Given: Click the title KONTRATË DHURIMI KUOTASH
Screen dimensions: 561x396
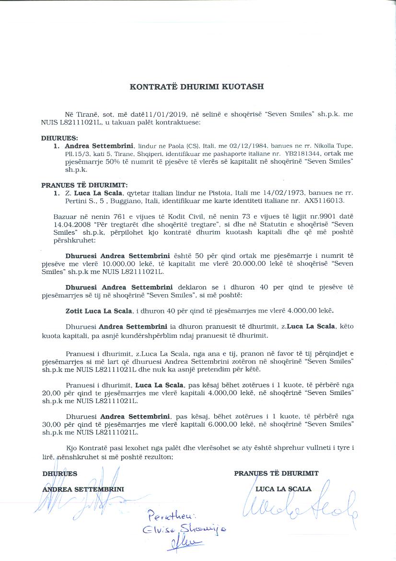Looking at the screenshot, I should click(197, 87).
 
